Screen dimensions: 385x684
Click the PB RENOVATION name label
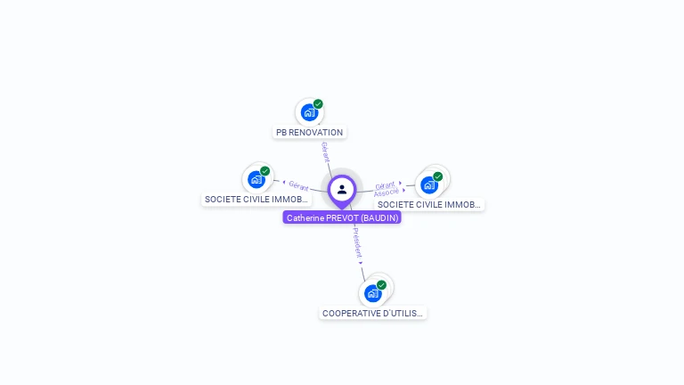click(309, 133)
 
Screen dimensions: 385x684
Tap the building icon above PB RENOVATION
click(308, 112)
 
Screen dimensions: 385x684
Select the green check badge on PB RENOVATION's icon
click(318, 104)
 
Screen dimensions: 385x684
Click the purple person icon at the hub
click(342, 189)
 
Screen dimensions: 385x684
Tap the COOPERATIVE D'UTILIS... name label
click(373, 314)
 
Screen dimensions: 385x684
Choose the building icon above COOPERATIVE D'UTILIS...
click(372, 293)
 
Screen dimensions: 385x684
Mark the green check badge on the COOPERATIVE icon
click(381, 285)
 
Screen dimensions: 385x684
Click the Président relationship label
click(357, 242)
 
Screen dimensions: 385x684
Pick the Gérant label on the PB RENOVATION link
click(325, 152)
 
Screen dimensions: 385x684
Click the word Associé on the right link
click(386, 192)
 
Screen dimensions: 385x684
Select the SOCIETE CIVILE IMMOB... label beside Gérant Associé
click(428, 205)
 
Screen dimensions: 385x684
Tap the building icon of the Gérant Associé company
click(428, 184)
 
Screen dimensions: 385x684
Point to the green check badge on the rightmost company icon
click(437, 176)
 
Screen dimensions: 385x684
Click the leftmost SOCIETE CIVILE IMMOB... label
click(256, 200)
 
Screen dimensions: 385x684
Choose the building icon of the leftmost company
click(256, 179)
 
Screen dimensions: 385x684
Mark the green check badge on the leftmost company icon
click(265, 171)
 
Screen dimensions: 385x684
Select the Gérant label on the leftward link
click(298, 186)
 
